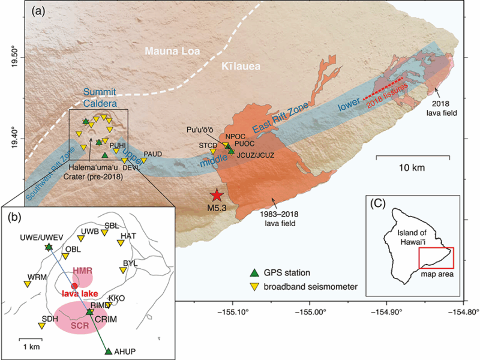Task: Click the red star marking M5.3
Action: click(217, 195)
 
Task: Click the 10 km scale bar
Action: click(413, 157)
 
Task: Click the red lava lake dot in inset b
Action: click(74, 286)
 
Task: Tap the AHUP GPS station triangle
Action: click(109, 352)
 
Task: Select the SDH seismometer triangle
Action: click(41, 325)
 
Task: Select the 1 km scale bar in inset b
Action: click(31, 340)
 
